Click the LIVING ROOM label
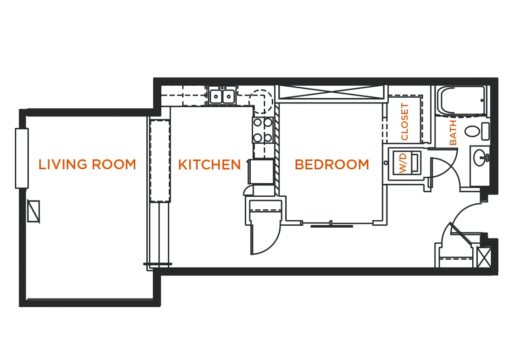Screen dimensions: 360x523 tap(87, 165)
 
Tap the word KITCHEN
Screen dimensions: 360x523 tap(209, 165)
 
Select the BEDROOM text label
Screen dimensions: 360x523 tap(332, 165)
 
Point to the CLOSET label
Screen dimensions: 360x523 tap(404, 122)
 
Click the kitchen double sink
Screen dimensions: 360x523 tap(221, 97)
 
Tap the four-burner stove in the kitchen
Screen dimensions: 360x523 tap(262, 130)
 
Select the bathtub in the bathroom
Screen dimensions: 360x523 tap(462, 100)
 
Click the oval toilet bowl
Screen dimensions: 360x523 tap(472, 131)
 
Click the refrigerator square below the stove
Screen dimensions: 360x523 tap(261, 172)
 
